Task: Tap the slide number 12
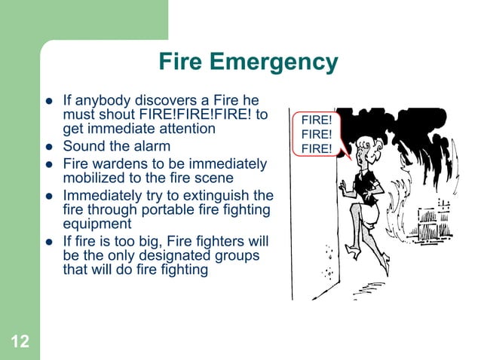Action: click(x=20, y=343)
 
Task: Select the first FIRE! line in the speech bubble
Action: click(x=317, y=120)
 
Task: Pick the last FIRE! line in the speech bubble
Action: click(x=317, y=148)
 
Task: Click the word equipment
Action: click(x=97, y=224)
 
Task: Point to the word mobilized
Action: click(x=93, y=178)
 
